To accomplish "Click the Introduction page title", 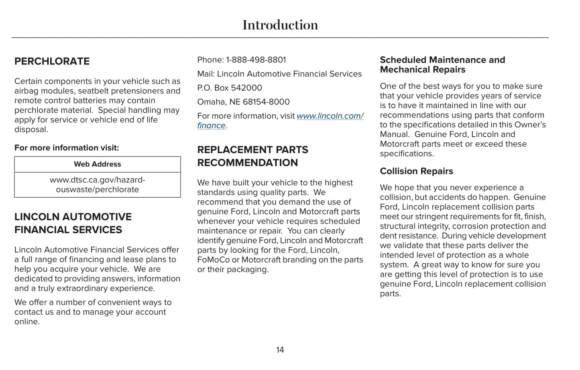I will click(280, 25).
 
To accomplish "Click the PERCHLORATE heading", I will click(52, 61).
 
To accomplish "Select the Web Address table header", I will click(97, 164).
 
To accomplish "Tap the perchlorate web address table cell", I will click(97, 185).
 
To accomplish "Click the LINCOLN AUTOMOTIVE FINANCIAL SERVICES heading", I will click(73, 223).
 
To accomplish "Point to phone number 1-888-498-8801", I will click(256, 60).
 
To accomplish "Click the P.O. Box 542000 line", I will click(229, 88).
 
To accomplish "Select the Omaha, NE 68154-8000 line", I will click(243, 102).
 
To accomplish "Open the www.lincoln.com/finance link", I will click(330, 116).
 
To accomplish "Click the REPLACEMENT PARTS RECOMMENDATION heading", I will click(252, 156).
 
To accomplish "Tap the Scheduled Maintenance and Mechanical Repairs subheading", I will click(442, 65).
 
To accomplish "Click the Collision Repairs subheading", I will click(416, 171).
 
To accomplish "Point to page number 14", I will click(280, 350).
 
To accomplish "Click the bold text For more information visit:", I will click(67, 148).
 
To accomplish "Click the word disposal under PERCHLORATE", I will click(31, 129).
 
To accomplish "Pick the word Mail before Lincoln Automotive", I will click(205, 74).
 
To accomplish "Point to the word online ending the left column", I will click(26, 322).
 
